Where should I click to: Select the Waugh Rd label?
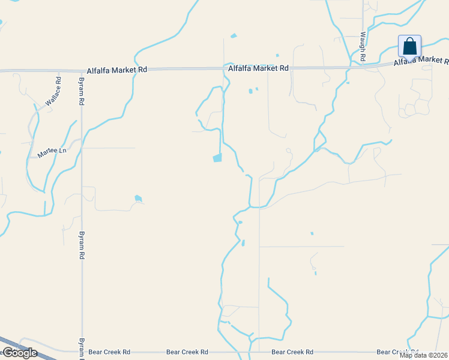point(363,47)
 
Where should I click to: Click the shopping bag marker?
point(409,46)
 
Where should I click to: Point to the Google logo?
point(19,353)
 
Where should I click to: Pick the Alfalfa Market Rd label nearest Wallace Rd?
point(116,70)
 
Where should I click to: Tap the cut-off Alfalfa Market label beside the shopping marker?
point(421,61)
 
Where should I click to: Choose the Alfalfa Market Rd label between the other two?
point(258,68)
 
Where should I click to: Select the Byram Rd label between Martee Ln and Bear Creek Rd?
point(81,245)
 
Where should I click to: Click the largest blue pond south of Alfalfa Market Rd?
point(217,158)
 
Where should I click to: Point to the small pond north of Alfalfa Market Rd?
point(234,36)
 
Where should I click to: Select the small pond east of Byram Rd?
point(139,198)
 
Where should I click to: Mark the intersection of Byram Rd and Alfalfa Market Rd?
point(81,70)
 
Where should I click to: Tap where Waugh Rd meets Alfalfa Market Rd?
point(364,65)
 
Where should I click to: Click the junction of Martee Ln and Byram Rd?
point(81,143)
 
